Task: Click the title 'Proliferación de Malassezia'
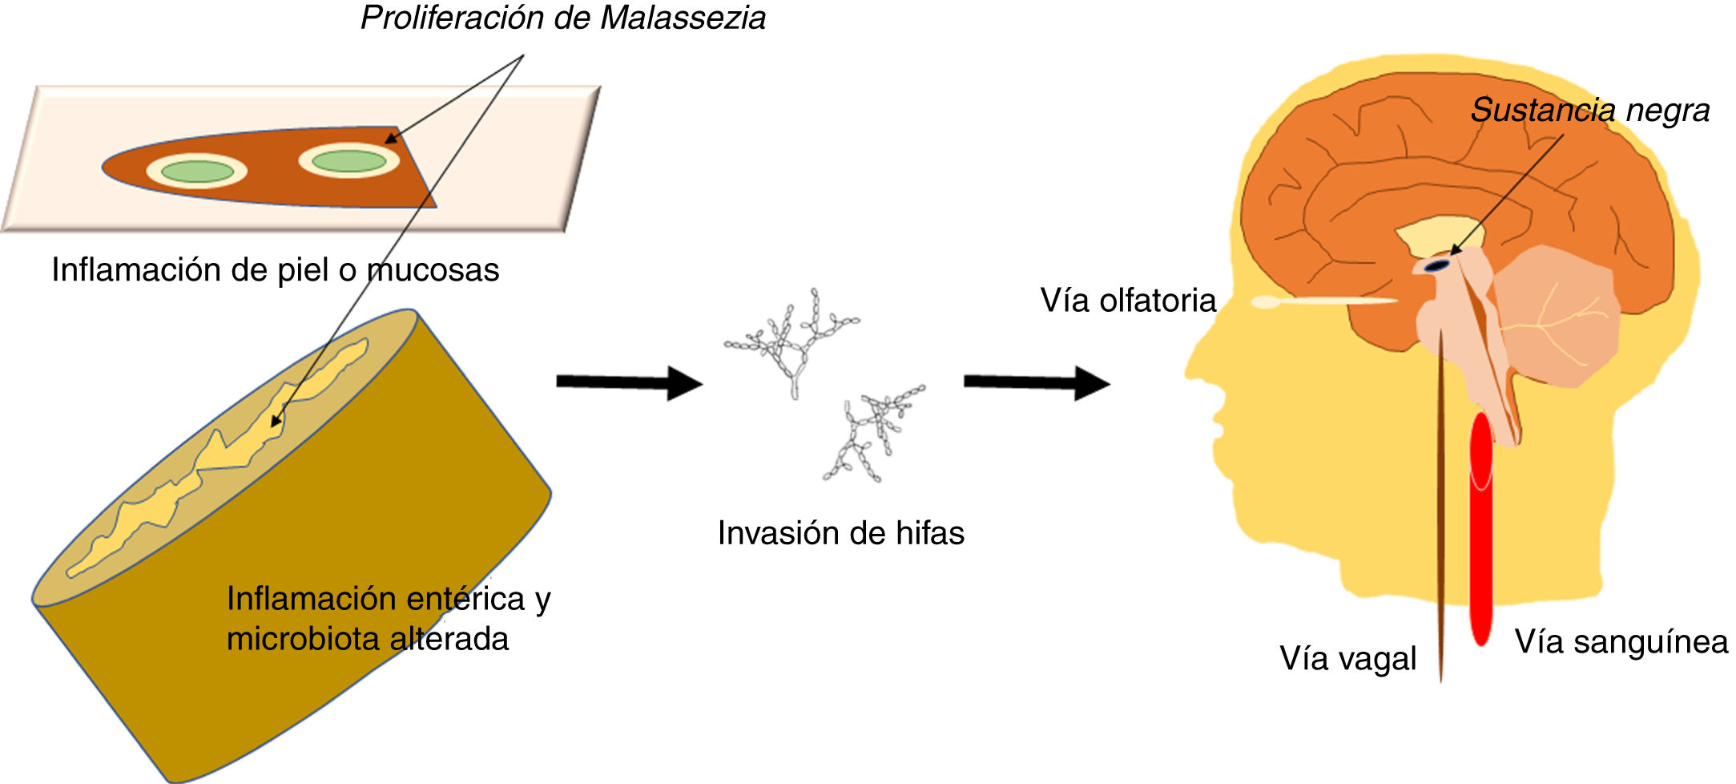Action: pos(562,18)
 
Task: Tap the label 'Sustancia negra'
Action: pos(1589,111)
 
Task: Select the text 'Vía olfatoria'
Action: pos(1127,301)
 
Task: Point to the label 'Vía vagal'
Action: pos(1347,658)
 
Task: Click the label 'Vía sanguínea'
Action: pos(1621,641)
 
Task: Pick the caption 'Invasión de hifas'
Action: pos(840,533)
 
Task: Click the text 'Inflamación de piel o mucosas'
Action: pos(275,270)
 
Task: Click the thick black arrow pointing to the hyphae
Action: pos(629,382)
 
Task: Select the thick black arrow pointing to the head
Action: pos(1036,382)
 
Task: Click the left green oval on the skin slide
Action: pos(197,171)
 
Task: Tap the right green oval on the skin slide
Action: pos(348,161)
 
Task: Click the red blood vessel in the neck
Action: pos(1481,529)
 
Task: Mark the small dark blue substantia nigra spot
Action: pos(1439,265)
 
